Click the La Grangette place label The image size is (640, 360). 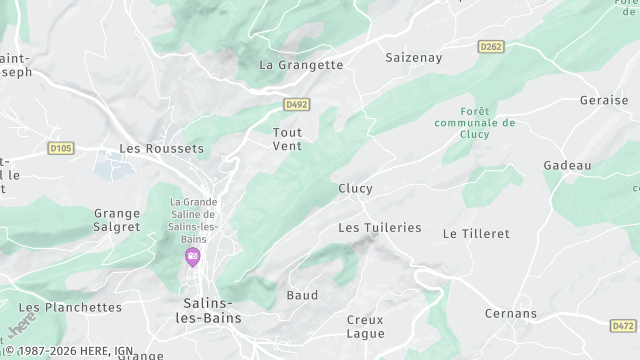pyautogui.click(x=301, y=65)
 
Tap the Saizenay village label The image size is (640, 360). pyautogui.click(x=414, y=58)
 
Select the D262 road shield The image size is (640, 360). pyautogui.click(x=491, y=46)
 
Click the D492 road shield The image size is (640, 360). pyautogui.click(x=296, y=103)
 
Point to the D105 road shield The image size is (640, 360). pyautogui.click(x=61, y=148)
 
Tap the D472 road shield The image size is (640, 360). pyautogui.click(x=622, y=325)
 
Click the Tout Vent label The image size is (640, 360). pyautogui.click(x=287, y=138)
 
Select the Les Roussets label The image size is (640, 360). pyautogui.click(x=161, y=148)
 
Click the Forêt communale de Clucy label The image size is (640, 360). pyautogui.click(x=475, y=123)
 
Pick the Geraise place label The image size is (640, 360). pyautogui.click(x=603, y=100)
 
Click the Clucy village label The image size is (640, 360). pyautogui.click(x=355, y=188)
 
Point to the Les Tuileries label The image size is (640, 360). pyautogui.click(x=379, y=227)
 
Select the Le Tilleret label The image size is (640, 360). pyautogui.click(x=476, y=233)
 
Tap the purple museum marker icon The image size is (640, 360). pyautogui.click(x=192, y=258)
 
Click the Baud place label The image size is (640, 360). pyautogui.click(x=302, y=295)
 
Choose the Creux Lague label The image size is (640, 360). pyautogui.click(x=365, y=326)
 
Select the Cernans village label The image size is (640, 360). pyautogui.click(x=511, y=313)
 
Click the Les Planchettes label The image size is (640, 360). pyautogui.click(x=70, y=307)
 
